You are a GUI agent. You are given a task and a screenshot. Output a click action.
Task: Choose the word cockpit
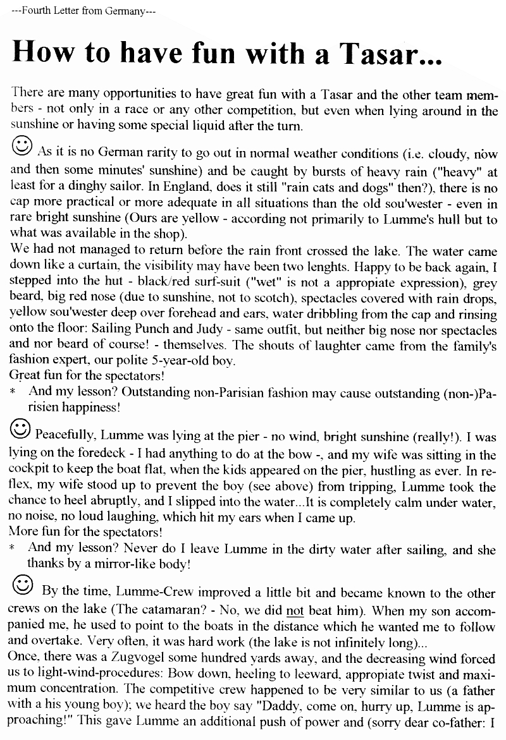click(30, 471)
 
